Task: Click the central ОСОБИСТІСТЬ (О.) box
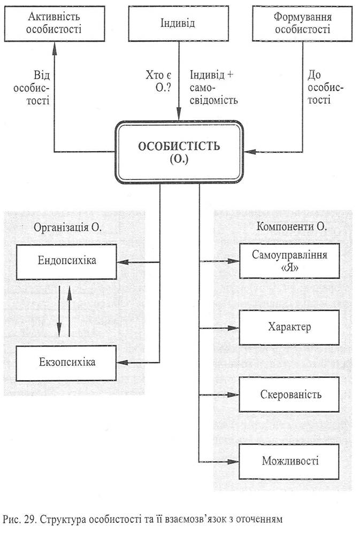pyautogui.click(x=179, y=152)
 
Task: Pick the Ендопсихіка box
pyautogui.click(x=67, y=261)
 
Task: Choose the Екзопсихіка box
pyautogui.click(x=66, y=362)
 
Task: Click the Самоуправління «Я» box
pyautogui.click(x=289, y=261)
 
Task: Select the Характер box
pyautogui.click(x=289, y=327)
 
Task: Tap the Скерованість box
pyautogui.click(x=289, y=395)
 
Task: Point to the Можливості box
pyautogui.click(x=289, y=461)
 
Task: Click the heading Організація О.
pyautogui.click(x=67, y=227)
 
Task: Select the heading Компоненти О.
pyautogui.click(x=292, y=226)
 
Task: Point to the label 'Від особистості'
pyautogui.click(x=32, y=88)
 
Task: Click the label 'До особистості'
pyautogui.click(x=325, y=87)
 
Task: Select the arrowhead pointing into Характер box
pyautogui.click(x=233, y=328)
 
